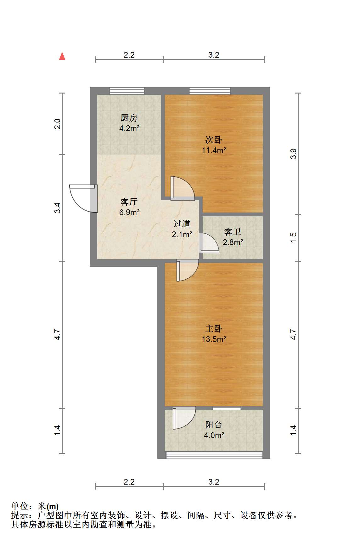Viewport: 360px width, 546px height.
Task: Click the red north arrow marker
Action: [x=62, y=56]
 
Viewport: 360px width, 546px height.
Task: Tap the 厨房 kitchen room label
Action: [x=129, y=118]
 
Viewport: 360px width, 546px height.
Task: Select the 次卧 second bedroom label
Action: [x=214, y=140]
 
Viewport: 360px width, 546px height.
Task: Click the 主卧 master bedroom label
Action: [x=214, y=329]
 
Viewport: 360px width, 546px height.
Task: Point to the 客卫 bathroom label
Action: [x=233, y=232]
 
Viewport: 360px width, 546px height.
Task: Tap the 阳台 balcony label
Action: [x=214, y=425]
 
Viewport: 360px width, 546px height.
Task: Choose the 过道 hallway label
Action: [x=182, y=224]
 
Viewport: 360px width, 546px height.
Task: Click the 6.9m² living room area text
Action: [x=129, y=212]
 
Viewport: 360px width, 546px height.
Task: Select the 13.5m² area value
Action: [x=214, y=339]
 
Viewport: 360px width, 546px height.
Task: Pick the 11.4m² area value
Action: [x=214, y=150]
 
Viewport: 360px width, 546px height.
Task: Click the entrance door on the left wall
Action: [x=83, y=198]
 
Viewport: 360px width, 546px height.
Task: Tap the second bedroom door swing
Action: [x=183, y=188]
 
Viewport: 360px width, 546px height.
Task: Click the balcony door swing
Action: [x=184, y=418]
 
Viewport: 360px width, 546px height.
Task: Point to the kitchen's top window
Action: [x=127, y=91]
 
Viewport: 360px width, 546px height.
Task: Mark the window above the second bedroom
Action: [x=210, y=91]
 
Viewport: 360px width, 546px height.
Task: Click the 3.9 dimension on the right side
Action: [x=293, y=154]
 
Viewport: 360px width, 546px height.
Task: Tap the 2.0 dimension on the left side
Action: [x=57, y=124]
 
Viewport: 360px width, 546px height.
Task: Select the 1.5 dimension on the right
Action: [x=293, y=237]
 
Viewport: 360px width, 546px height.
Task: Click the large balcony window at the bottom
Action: [x=214, y=455]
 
